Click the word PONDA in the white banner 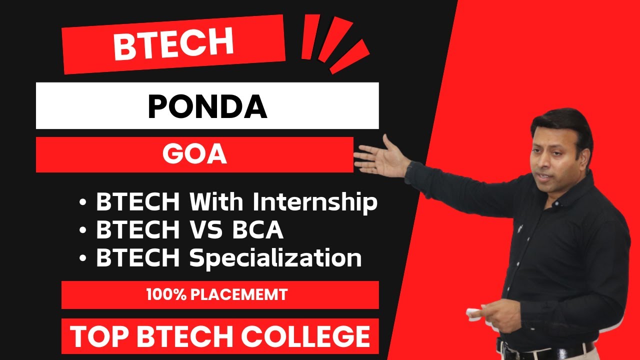pos(207,106)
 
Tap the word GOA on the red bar pos(195,155)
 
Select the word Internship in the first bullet pos(315,202)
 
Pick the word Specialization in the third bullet pos(275,258)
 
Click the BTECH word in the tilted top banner pos(173,44)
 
